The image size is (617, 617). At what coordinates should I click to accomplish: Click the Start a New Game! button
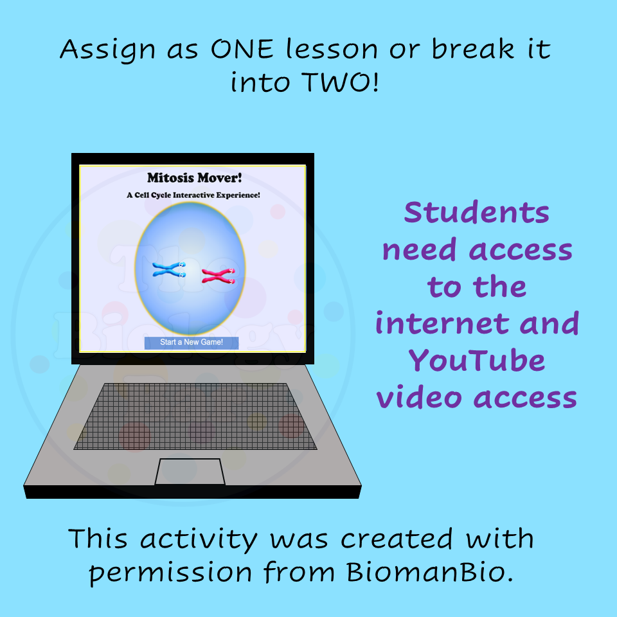[x=192, y=343]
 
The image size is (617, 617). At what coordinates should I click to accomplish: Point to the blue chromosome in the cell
[x=169, y=269]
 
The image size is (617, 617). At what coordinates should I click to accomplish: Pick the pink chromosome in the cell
[x=219, y=276]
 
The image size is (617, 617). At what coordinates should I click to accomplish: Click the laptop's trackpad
[x=190, y=472]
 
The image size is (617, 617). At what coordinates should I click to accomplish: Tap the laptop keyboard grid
[x=195, y=416]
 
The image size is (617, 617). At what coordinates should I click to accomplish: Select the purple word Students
[x=477, y=213]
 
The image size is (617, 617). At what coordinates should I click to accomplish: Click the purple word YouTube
[x=476, y=361]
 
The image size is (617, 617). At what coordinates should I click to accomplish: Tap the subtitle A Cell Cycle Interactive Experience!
[x=193, y=195]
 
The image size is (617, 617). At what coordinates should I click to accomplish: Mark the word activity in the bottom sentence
[x=199, y=539]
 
